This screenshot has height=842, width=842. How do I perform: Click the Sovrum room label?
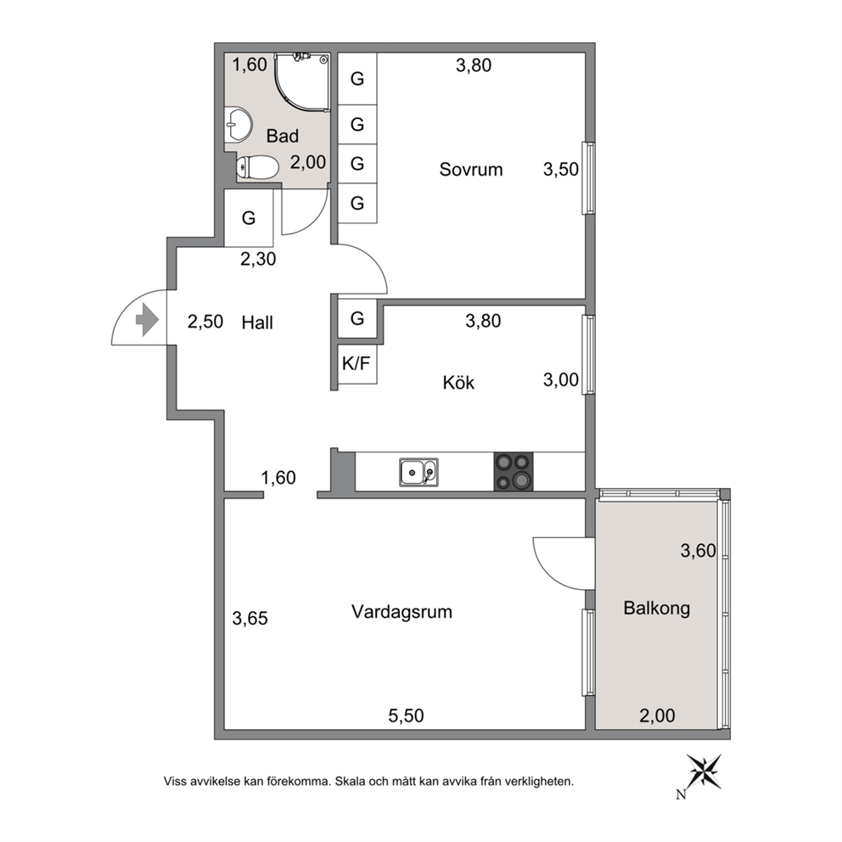[471, 170]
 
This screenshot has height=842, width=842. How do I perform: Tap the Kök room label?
[458, 383]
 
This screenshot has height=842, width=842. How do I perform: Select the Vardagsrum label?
[401, 612]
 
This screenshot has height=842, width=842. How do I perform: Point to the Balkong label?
[657, 609]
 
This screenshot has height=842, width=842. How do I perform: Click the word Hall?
[257, 323]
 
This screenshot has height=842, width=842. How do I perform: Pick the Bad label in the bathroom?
[283, 136]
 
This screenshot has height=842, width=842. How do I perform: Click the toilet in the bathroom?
[258, 166]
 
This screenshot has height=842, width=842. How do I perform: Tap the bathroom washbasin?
[238, 124]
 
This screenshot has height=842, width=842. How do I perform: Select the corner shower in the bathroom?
[301, 82]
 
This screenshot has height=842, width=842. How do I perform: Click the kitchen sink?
[418, 472]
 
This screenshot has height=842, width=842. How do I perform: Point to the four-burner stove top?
[514, 471]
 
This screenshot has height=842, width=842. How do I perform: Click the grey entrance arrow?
[147, 320]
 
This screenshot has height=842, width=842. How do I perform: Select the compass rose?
[704, 772]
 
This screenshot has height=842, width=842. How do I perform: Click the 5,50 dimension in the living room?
[406, 716]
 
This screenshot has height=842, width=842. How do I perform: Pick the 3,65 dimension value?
[250, 619]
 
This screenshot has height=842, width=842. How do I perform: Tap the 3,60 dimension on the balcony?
[698, 551]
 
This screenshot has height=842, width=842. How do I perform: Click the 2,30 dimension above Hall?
[258, 260]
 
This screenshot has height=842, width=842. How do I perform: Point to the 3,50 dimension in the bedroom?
[560, 170]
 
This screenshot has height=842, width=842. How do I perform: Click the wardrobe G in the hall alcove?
[249, 218]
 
